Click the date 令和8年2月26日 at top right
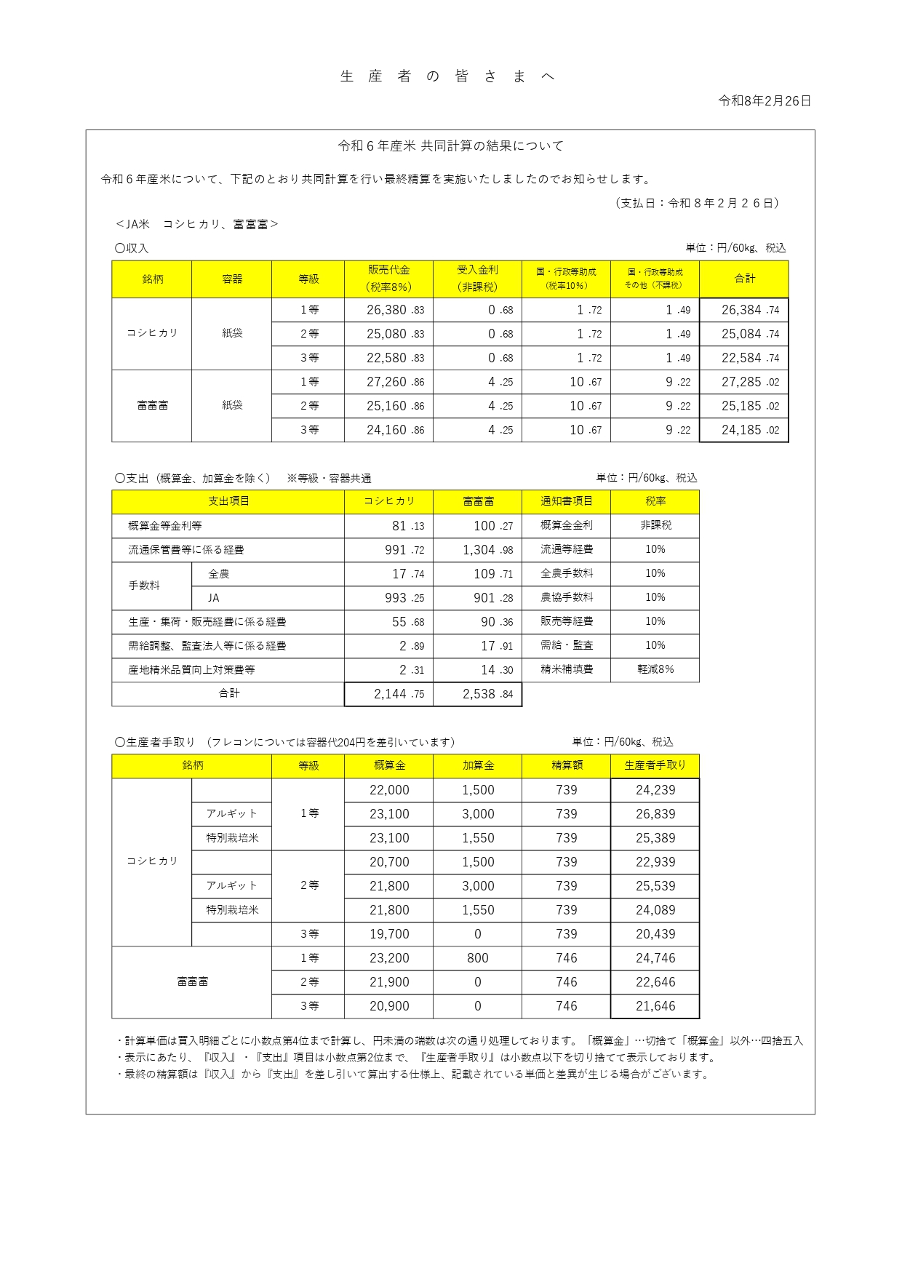click(x=764, y=101)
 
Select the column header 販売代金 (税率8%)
click(x=388, y=279)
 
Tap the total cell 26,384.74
click(x=744, y=310)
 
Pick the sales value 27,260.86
click(x=388, y=382)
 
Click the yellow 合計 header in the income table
click(x=744, y=279)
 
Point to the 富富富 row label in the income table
click(x=152, y=405)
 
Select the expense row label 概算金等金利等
click(x=165, y=526)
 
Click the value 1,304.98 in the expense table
click(x=478, y=550)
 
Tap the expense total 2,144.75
click(x=389, y=694)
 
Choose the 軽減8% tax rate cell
click(x=655, y=669)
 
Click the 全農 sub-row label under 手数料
click(x=218, y=574)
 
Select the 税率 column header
click(x=655, y=501)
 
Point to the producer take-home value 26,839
click(x=655, y=814)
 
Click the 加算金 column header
click(x=478, y=765)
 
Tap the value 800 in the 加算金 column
click(x=478, y=958)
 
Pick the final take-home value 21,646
click(x=655, y=1006)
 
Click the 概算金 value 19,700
click(x=389, y=934)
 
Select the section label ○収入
click(x=132, y=248)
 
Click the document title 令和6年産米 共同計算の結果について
click(x=450, y=146)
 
